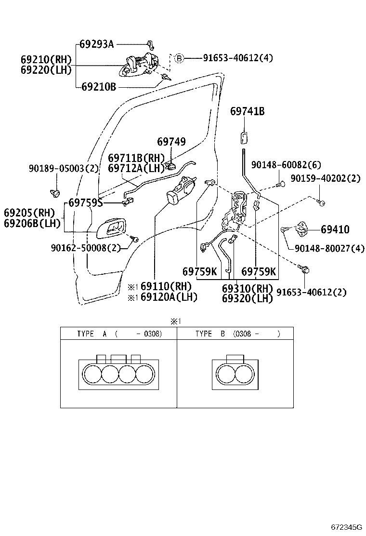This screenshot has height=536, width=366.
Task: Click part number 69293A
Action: click(96, 44)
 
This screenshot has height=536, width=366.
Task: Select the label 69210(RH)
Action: click(46, 60)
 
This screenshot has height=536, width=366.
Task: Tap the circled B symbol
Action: click(179, 58)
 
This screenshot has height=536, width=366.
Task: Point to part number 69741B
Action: click(247, 111)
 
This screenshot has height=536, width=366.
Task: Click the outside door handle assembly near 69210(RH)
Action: click(140, 66)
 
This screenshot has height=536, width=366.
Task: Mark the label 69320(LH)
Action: click(247, 298)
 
